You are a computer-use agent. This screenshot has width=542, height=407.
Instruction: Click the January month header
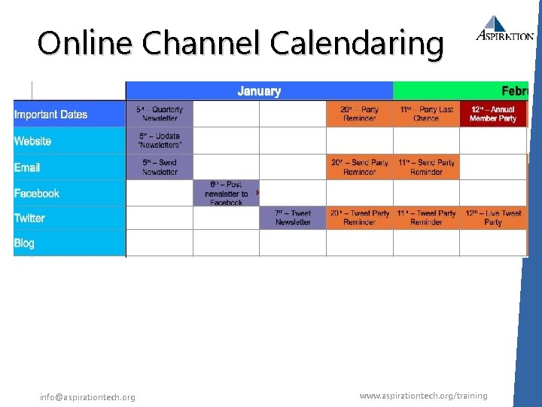[259, 91]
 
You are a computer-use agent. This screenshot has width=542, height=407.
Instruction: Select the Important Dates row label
[50, 115]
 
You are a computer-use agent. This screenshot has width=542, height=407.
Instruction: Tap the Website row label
[33, 141]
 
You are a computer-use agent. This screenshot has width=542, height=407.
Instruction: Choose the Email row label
[27, 167]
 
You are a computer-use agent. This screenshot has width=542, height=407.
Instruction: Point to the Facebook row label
[37, 193]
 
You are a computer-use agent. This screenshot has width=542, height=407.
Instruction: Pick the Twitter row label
[29, 218]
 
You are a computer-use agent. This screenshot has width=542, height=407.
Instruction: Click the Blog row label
[24, 243]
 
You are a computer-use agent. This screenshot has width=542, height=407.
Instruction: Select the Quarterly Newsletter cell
[160, 114]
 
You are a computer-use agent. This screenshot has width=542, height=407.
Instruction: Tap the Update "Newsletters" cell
[160, 140]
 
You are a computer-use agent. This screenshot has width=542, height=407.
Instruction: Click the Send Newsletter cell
[160, 167]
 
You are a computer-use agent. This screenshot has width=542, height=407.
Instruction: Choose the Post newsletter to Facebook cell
[226, 194]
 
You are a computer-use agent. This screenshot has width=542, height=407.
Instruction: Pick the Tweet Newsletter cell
[293, 218]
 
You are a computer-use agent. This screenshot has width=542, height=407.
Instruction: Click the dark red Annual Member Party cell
[493, 114]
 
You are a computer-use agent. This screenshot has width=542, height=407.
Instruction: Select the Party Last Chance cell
[426, 114]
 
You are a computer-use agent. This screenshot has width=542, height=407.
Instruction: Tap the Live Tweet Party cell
[493, 218]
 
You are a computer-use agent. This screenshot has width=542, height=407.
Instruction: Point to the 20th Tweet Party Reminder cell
[359, 218]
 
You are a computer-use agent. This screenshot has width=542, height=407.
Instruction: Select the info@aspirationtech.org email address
[88, 397]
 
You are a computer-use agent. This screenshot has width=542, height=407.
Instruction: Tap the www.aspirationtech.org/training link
[423, 396]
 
